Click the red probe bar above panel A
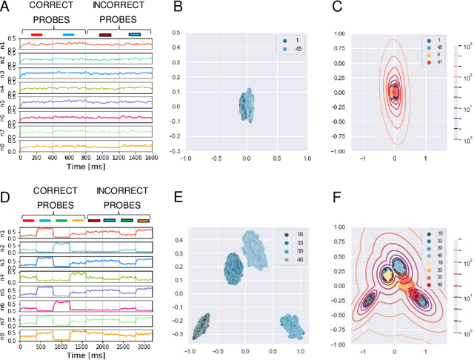pos(37,34)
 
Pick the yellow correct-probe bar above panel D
pos(78,219)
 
